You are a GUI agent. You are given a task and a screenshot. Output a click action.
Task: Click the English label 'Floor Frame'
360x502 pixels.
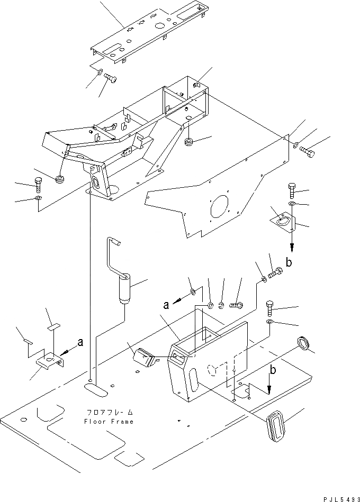(x=108, y=422)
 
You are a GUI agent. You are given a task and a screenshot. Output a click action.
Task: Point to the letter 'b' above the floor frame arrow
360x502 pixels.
(x=273, y=370)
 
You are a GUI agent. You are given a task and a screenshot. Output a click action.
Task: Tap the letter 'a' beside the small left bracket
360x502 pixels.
(x=80, y=342)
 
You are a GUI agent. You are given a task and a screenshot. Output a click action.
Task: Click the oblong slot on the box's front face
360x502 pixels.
(x=192, y=380)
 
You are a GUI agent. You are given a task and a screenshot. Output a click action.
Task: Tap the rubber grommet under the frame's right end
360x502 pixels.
(x=188, y=142)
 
